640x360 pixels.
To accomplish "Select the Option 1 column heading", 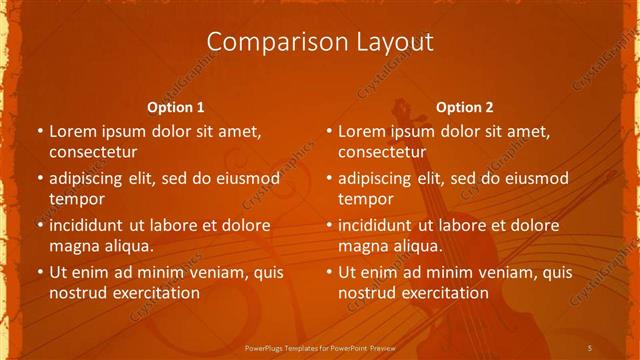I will [x=176, y=107].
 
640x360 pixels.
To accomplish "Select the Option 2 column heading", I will [x=465, y=107].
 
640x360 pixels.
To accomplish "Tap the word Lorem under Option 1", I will [x=73, y=130].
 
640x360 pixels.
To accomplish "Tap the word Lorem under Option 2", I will [x=362, y=130].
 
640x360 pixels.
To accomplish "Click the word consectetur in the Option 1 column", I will [x=92, y=152].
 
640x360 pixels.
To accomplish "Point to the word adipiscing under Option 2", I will [x=379, y=178].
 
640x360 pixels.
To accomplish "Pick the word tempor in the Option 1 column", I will [x=77, y=199].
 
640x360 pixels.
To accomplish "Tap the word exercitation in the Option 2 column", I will [x=442, y=293].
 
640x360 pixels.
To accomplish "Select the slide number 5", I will [x=590, y=347].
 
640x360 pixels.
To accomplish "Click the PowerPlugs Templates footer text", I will [x=320, y=347].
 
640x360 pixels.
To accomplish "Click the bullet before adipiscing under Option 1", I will [x=39, y=178].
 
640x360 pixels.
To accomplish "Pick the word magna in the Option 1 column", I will [x=73, y=246].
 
